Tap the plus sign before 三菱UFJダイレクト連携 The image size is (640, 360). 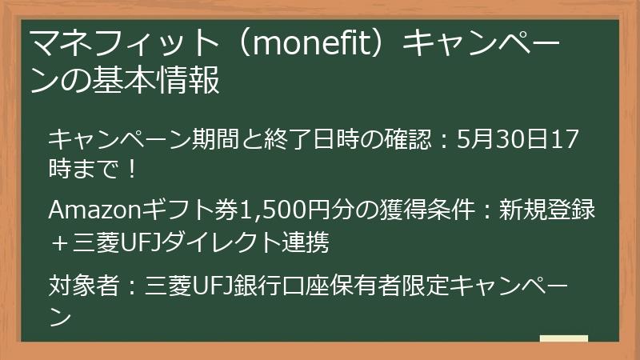point(58,241)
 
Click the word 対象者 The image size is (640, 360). point(75,286)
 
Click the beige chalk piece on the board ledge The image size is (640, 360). point(564,337)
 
